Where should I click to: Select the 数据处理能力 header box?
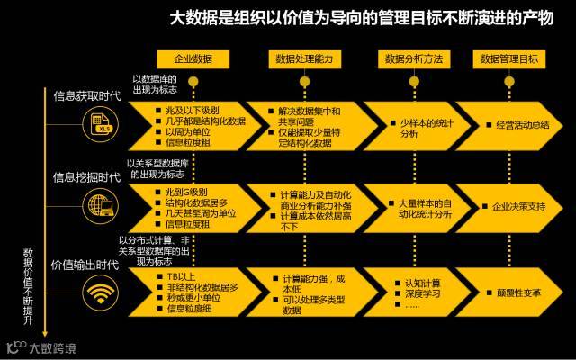301,59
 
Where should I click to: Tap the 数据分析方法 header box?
413,59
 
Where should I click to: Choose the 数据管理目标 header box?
509,59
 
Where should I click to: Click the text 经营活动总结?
522,125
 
